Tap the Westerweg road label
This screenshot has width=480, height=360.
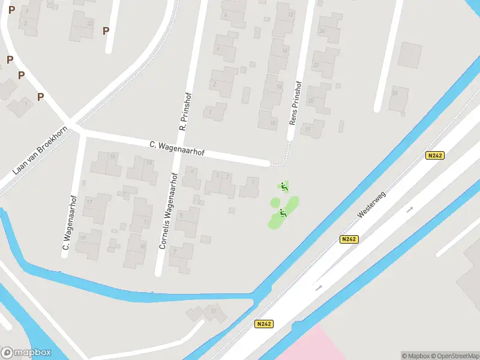pyautogui.click(x=373, y=204)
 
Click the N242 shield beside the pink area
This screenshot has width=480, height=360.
pyautogui.click(x=263, y=324)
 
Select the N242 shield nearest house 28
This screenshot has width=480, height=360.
pyautogui.click(x=435, y=155)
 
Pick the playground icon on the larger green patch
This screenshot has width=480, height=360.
pyautogui.click(x=283, y=213)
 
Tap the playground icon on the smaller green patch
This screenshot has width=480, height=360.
pyautogui.click(x=284, y=186)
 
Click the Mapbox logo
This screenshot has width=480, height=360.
pyautogui.click(x=26, y=353)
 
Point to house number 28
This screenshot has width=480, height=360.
pyautogui.click(x=394, y=93)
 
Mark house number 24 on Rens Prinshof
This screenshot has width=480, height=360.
pyautogui.click(x=322, y=31)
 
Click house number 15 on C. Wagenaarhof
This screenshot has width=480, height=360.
pyautogui.click(x=112, y=157)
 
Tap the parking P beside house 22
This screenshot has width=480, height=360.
pyautogui.click(x=106, y=31)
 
